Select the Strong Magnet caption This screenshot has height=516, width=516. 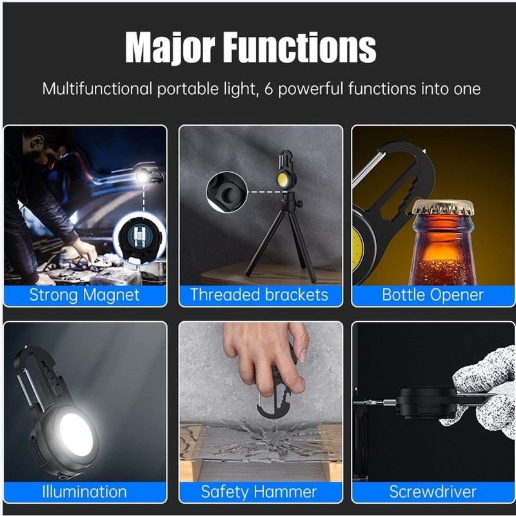point(84,295)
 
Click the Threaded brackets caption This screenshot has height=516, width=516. point(259,295)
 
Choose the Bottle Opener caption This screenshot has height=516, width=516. point(433,295)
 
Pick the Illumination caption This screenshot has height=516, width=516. point(84,492)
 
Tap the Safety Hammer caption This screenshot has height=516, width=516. point(259,492)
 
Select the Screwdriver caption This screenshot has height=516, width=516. point(433,492)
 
